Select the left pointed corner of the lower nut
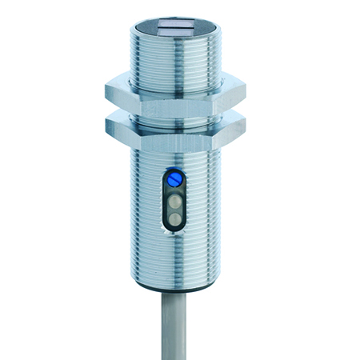(x=104, y=123)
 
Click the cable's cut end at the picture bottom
(x=177, y=355)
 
